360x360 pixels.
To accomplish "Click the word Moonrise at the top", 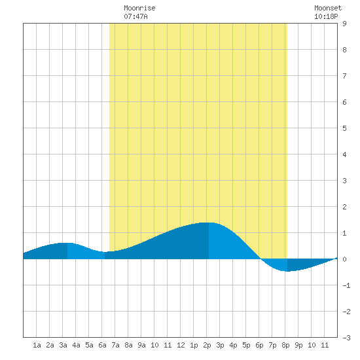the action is [139, 8].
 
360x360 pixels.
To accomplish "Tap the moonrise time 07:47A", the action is [135, 16].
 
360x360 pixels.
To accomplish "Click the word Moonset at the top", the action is [328, 8].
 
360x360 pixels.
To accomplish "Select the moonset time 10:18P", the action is [326, 16].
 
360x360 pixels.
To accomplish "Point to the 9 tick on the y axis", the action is [344, 24].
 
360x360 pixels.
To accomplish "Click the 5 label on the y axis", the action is [344, 128].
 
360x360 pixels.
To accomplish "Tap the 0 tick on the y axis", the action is [344, 259].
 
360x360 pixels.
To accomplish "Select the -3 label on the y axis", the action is [346, 338].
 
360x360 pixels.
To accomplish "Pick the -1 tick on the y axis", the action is [346, 285].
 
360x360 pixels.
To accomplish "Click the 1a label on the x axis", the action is [37, 345].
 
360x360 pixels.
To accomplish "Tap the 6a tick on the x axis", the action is [102, 345].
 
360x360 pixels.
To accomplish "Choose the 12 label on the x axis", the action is [181, 345].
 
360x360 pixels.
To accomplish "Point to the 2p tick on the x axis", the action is [207, 345].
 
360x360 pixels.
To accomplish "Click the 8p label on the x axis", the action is [285, 345].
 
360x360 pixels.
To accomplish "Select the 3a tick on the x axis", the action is [63, 345].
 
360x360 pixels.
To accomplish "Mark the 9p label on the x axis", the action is [298, 345].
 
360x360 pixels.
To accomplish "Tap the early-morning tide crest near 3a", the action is [67, 243].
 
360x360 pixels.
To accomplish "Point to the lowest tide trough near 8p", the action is [287, 271].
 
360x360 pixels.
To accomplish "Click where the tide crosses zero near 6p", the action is [261, 259].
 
